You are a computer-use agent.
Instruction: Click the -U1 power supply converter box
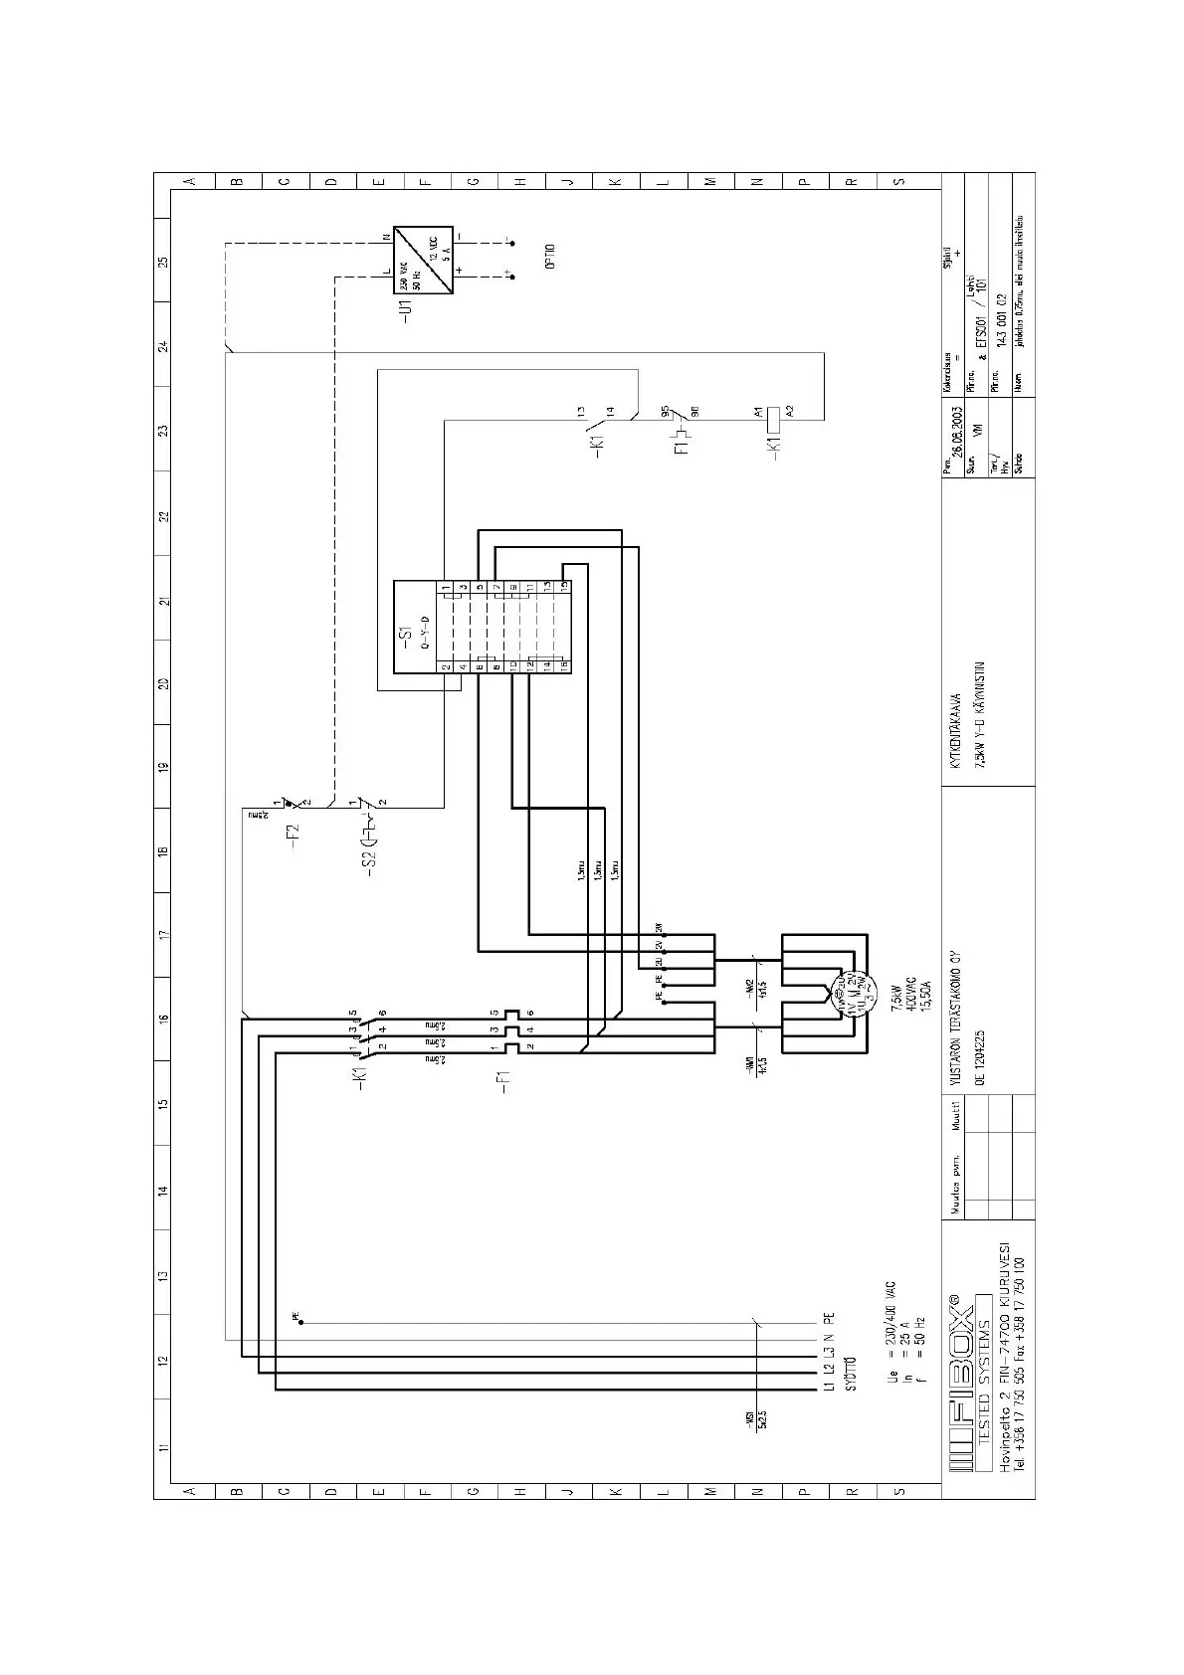424,258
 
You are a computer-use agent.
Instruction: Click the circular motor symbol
841,992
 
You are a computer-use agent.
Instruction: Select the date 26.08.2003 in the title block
956,431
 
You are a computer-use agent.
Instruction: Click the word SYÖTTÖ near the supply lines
851,1373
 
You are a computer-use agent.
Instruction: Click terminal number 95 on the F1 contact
664,410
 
